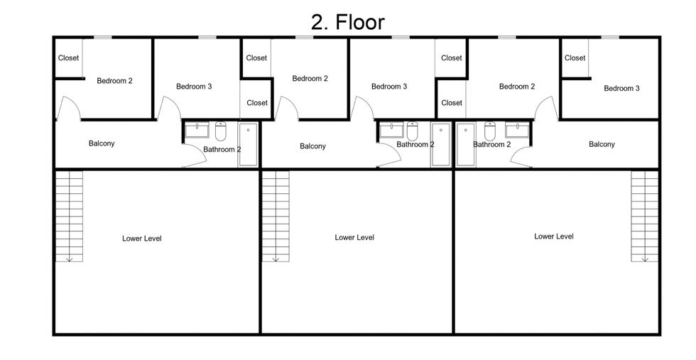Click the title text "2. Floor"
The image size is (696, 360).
coord(347,22)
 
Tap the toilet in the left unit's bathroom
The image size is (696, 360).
coord(221,131)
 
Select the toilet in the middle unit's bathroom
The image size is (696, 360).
coord(413,131)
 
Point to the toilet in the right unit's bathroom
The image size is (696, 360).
coord(490,131)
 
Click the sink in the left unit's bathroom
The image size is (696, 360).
coord(197,130)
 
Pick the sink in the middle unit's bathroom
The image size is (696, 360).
coord(392,130)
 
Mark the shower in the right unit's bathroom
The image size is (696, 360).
coord(466,145)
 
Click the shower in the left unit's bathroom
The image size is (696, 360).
coord(248,145)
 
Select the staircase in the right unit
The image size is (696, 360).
coord(645,216)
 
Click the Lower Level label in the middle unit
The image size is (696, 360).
coord(354,237)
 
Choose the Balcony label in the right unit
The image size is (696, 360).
coord(602,144)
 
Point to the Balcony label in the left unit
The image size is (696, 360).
coord(102,143)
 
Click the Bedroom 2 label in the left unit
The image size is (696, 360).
coord(114,81)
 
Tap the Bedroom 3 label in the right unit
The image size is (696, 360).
coord(621,88)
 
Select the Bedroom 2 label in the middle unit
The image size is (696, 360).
coord(310,79)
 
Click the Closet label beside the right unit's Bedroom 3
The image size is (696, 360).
coord(575,58)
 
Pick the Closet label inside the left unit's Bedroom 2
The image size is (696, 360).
coord(68,58)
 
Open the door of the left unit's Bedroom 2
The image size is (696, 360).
coord(68,109)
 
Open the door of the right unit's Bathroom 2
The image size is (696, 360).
coord(521,157)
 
